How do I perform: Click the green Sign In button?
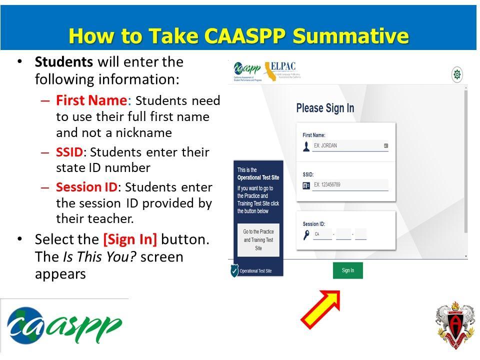pos(347,270)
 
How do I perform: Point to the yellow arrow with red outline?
pos(320,309)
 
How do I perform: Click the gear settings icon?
pos(456,75)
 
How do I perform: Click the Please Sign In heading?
pos(325,108)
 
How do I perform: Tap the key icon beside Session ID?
pos(306,234)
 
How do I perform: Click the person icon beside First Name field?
pos(306,146)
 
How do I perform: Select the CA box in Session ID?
pos(322,234)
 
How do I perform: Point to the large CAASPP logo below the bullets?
pos(64,325)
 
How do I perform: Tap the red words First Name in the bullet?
pos(91,100)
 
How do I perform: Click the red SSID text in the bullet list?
pos(69,152)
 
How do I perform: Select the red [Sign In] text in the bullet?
pos(130,239)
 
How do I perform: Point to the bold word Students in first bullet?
pos(64,62)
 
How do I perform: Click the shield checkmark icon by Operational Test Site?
pos(234,270)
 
